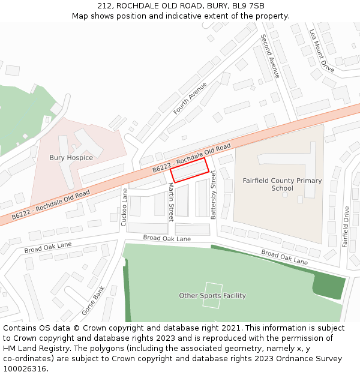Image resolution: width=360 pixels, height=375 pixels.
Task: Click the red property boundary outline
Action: click(x=189, y=170)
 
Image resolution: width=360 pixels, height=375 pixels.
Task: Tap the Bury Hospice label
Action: click(x=71, y=158)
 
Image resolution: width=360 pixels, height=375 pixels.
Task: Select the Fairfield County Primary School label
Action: click(x=282, y=184)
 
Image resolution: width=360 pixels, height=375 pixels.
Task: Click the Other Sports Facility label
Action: click(x=212, y=296)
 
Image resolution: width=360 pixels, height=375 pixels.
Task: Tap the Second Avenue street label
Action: click(x=269, y=56)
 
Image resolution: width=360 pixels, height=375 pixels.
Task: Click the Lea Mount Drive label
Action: click(x=322, y=51)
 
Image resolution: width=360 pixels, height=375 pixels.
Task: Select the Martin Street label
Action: click(x=170, y=203)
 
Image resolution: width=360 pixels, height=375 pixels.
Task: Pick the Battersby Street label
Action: click(x=213, y=195)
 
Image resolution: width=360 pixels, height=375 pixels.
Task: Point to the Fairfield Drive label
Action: click(x=346, y=227)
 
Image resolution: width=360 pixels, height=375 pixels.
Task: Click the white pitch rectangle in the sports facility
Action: click(x=212, y=295)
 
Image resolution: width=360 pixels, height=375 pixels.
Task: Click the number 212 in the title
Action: click(x=104, y=5)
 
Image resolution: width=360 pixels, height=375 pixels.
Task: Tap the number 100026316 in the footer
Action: click(x=25, y=369)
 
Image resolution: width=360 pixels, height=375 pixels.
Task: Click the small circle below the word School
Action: click(x=285, y=196)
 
